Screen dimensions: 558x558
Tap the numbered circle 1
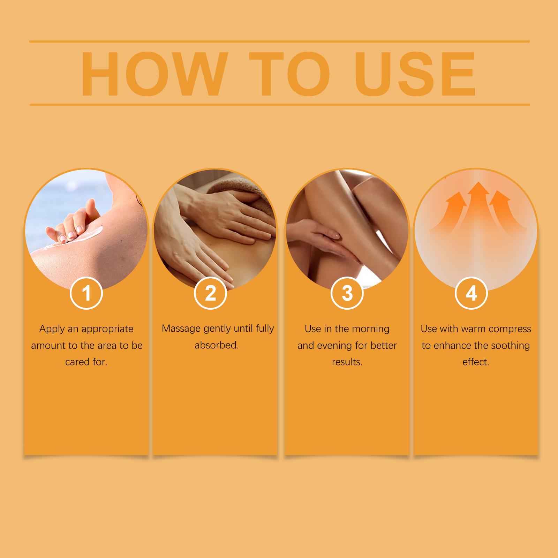(86, 293)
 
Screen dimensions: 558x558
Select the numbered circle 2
(211, 293)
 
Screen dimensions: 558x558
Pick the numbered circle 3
(347, 293)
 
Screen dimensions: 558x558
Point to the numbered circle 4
(471, 293)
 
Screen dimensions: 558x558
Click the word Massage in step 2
(181, 329)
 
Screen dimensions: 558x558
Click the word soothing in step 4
(510, 346)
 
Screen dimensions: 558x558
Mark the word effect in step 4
(476, 362)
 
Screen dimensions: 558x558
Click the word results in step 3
(347, 362)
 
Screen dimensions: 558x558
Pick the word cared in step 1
(76, 362)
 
